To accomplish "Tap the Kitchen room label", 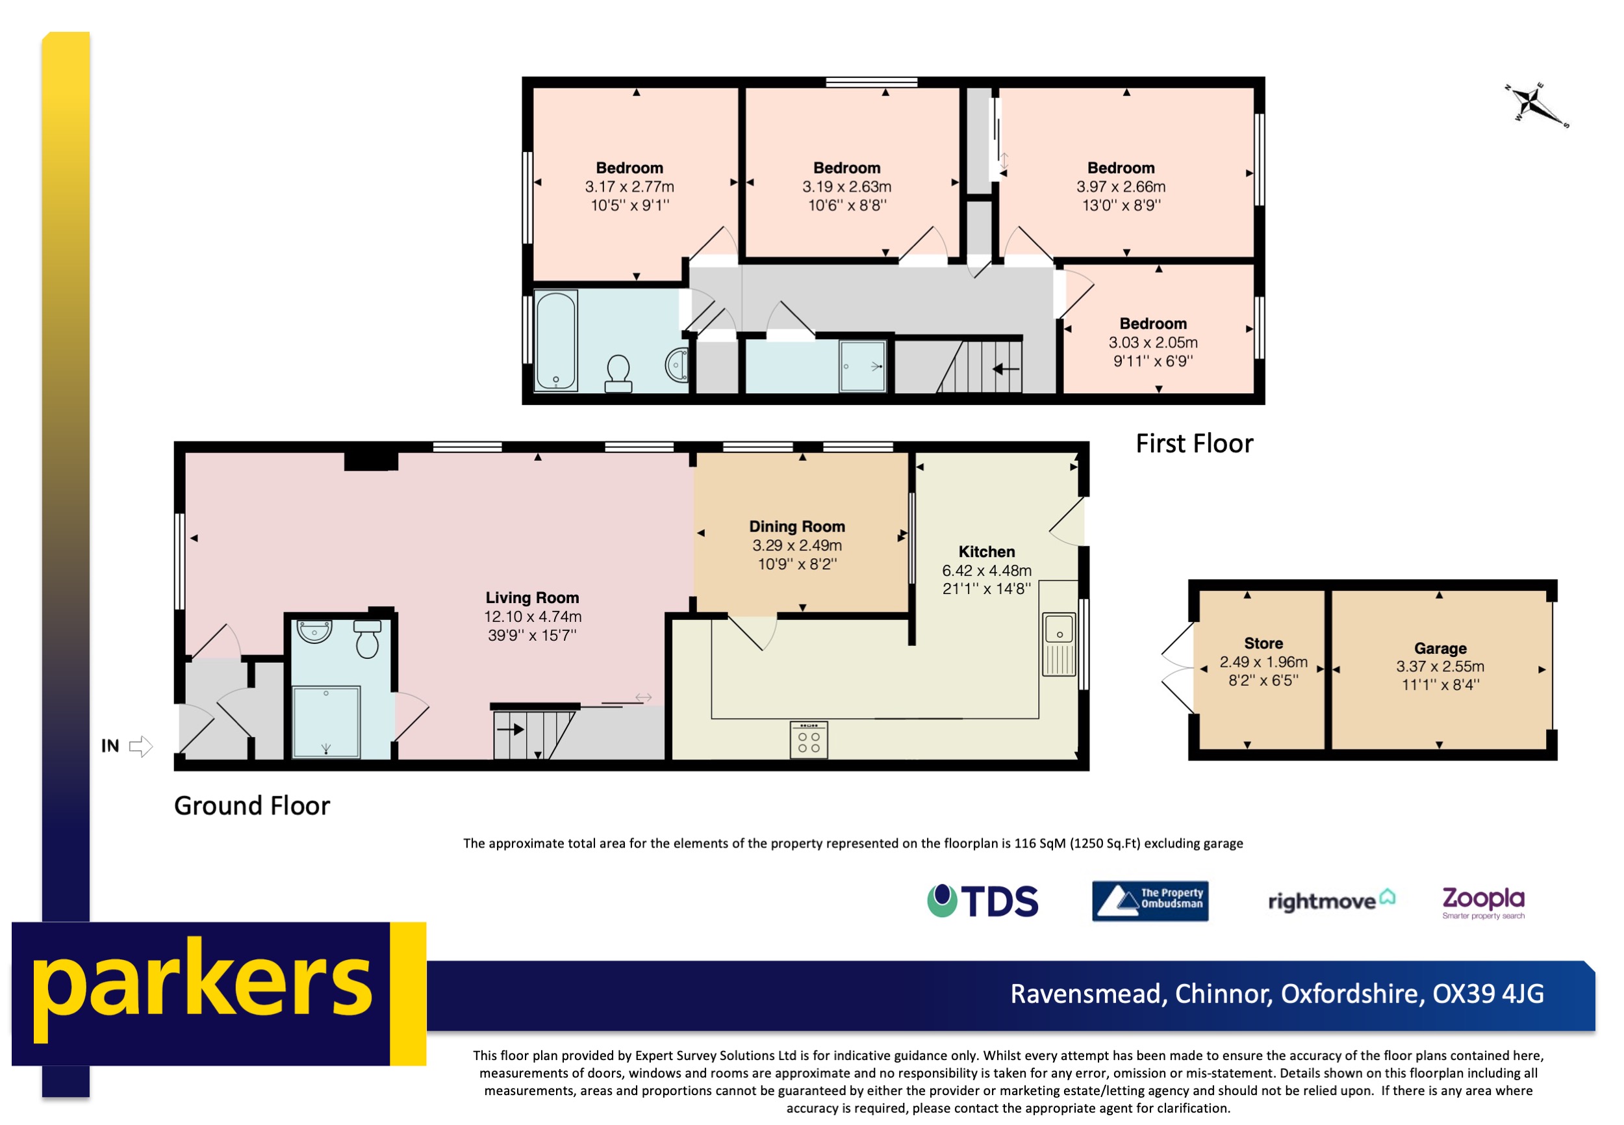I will (x=986, y=552).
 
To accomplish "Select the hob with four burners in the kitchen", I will (x=808, y=740).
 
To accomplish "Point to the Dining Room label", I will (x=797, y=526).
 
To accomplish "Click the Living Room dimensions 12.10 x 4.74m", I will (x=532, y=617).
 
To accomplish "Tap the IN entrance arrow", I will (x=140, y=745).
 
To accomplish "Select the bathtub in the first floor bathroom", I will (x=556, y=341).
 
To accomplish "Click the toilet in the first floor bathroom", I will (x=618, y=372).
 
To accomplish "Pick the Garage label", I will (x=1440, y=649).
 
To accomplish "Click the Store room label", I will (x=1263, y=643).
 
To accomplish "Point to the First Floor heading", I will (x=1194, y=443).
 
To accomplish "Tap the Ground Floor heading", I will (x=251, y=806).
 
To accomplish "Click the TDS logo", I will (x=982, y=901).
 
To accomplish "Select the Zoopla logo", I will (x=1483, y=901).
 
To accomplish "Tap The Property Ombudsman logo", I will (x=1150, y=901).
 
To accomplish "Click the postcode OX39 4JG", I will (x=1488, y=994).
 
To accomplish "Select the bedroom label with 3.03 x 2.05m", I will (x=1152, y=324).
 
